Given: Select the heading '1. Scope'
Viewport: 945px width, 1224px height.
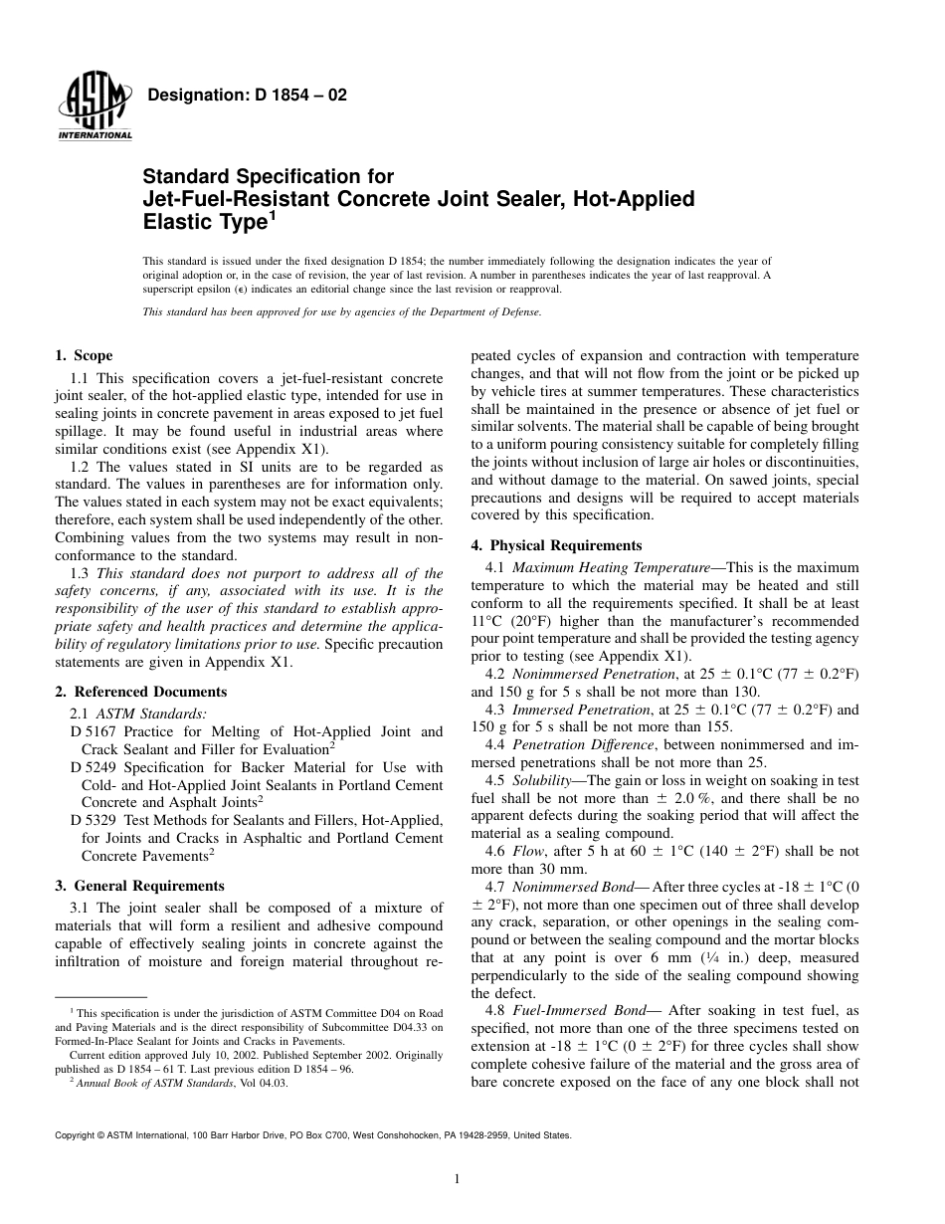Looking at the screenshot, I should [x=84, y=355].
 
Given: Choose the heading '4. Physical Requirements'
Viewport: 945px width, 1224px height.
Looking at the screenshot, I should [x=556, y=545].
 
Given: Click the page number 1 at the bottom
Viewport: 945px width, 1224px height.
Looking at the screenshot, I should [x=457, y=1179].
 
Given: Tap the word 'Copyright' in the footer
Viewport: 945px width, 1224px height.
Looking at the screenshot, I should [x=75, y=1135].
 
